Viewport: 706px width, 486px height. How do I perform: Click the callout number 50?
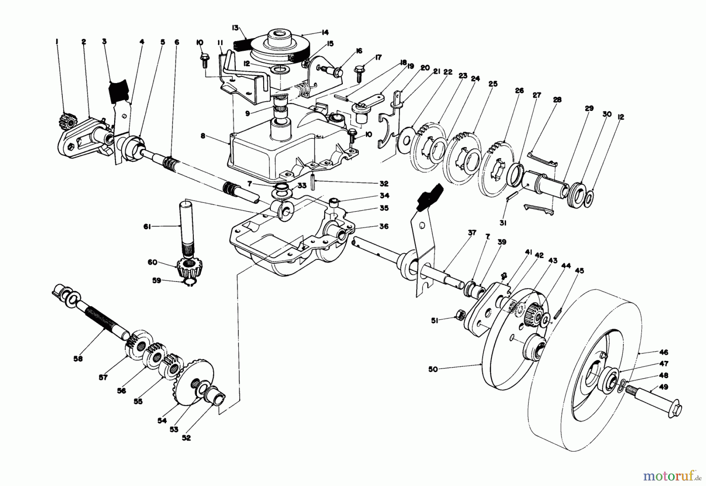pos(433,369)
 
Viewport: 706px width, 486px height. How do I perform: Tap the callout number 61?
pos(147,227)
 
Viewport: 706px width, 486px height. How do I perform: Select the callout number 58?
pos(78,358)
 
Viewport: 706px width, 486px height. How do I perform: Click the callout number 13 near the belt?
pos(235,27)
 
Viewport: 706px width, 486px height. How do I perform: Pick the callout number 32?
pos(384,183)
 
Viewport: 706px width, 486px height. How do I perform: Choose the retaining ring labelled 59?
pos(190,282)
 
